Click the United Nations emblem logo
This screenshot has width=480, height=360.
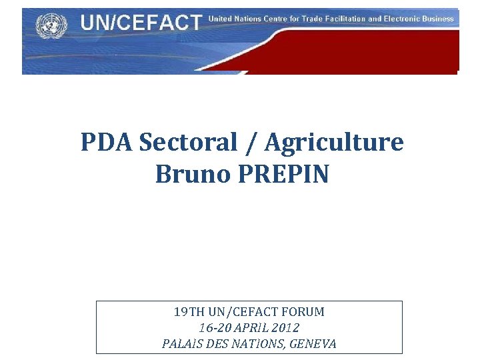(x=48, y=26)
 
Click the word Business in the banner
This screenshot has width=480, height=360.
(x=439, y=19)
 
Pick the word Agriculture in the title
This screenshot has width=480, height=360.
(x=333, y=142)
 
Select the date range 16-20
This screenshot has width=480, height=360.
(x=215, y=328)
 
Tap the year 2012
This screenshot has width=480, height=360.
(x=285, y=328)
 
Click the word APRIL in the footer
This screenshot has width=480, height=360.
(x=252, y=328)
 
